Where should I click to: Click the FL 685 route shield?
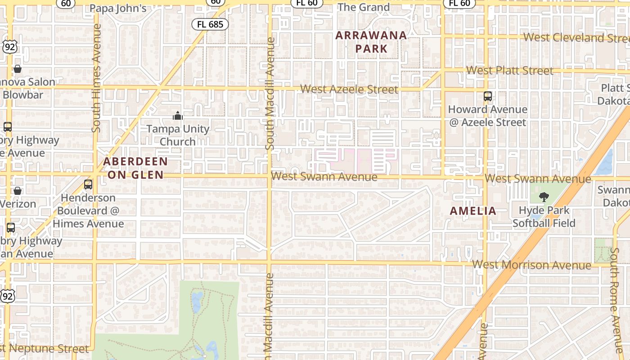pyautogui.click(x=210, y=24)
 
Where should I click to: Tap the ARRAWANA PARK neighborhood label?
pyautogui.click(x=371, y=42)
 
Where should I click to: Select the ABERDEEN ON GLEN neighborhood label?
pyautogui.click(x=135, y=168)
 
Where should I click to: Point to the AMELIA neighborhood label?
pyautogui.click(x=473, y=211)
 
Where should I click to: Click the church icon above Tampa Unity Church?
pyautogui.click(x=178, y=116)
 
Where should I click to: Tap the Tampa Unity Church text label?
pyautogui.click(x=178, y=135)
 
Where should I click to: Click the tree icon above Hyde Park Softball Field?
pyautogui.click(x=544, y=197)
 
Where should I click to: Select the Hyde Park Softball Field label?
pyautogui.click(x=544, y=216)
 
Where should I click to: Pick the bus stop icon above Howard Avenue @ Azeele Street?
pyautogui.click(x=488, y=96)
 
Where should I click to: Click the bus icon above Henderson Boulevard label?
pyautogui.click(x=88, y=184)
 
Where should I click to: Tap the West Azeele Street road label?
pyautogui.click(x=349, y=90)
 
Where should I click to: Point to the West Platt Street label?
pyautogui.click(x=510, y=71)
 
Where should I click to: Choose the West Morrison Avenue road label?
pyautogui.click(x=531, y=265)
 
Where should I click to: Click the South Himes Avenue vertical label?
pyautogui.click(x=96, y=78)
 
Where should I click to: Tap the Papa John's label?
pyautogui.click(x=118, y=8)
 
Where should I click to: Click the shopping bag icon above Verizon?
pyautogui.click(x=18, y=191)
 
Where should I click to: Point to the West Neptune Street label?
pyautogui.click(x=45, y=349)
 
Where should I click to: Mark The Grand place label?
pyautogui.click(x=364, y=7)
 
